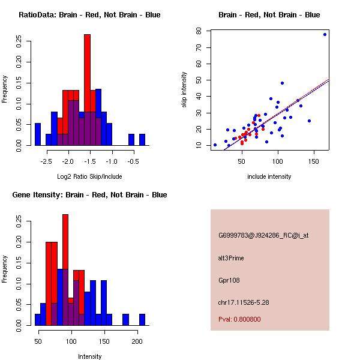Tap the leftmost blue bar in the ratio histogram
[x=38, y=134]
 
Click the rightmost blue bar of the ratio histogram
[x=142, y=140]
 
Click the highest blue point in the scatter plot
[x=325, y=34]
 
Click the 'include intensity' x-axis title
[x=269, y=176]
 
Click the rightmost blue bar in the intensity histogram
[x=142, y=320]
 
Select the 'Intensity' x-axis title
[x=90, y=356]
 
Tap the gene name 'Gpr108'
[x=229, y=280]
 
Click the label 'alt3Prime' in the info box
[x=231, y=258]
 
